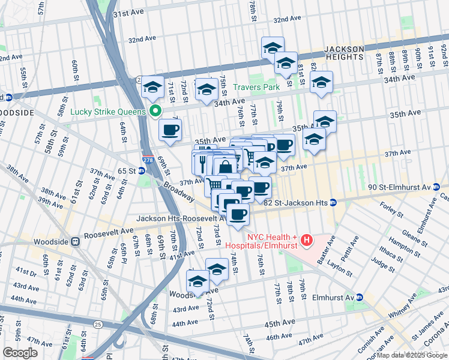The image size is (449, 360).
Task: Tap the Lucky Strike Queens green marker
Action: pos(155,112)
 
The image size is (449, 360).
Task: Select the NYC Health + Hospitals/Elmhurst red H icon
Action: pos(307,241)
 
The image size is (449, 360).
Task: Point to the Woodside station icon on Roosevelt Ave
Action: pos(76,241)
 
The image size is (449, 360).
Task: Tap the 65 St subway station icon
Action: pos(142,170)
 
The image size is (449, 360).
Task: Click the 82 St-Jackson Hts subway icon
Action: pos(333,203)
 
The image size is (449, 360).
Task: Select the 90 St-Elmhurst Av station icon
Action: pos(435,187)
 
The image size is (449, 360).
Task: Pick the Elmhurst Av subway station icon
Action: pos(360,297)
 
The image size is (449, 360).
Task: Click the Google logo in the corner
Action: pos(20,353)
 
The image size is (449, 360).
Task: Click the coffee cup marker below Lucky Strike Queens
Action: pos(170,129)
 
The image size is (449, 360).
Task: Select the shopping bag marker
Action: pos(225,167)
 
